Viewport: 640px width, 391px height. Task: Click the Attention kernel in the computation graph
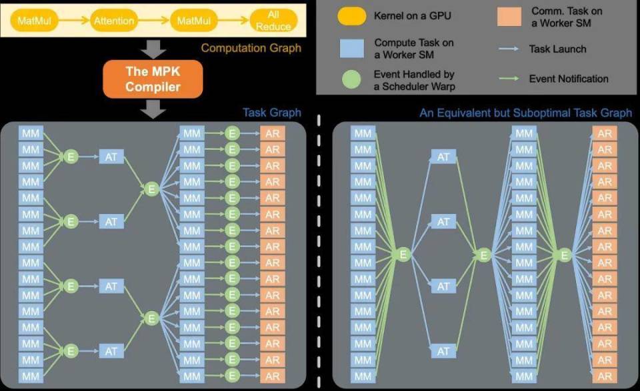tap(114, 21)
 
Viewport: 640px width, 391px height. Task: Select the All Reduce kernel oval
tap(273, 21)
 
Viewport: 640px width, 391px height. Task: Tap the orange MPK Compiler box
tap(153, 79)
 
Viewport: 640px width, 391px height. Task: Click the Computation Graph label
tap(251, 48)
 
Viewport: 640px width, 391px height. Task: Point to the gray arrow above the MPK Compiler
tap(153, 49)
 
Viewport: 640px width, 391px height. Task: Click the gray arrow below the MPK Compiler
tap(153, 109)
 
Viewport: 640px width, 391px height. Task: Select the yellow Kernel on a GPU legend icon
tap(352, 16)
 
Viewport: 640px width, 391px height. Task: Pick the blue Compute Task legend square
tap(352, 49)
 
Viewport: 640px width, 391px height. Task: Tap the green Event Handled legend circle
tap(351, 79)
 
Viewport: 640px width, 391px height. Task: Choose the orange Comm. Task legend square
tap(509, 17)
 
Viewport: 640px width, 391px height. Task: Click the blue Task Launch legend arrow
tap(509, 49)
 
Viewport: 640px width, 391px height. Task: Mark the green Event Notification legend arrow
tap(509, 79)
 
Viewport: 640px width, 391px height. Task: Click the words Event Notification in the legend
tap(569, 79)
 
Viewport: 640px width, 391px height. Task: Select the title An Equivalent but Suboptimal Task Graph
tap(526, 113)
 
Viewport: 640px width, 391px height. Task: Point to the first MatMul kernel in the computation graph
tap(34, 21)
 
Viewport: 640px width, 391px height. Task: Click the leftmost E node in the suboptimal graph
tap(403, 255)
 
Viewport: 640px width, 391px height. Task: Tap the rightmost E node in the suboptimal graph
tap(565, 255)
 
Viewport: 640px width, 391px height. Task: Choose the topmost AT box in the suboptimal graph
tap(443, 157)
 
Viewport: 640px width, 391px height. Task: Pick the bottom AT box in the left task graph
tap(111, 351)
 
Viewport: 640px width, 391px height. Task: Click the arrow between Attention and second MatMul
tap(153, 21)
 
